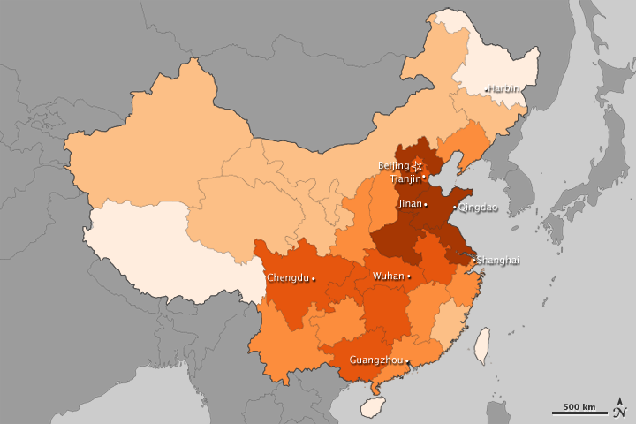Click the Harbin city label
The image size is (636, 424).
coord(504,89)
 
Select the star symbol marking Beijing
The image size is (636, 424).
coord(418,166)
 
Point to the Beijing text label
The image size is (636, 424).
coord(394,166)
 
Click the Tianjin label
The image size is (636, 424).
coord(405,178)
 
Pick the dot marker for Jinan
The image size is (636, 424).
coord(426,204)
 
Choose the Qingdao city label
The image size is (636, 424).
coord(478,208)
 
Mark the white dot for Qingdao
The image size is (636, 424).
coord(455,208)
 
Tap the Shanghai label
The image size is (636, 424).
coord(499,260)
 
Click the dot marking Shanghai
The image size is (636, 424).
coord(474,259)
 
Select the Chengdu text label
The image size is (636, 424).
coord(287,277)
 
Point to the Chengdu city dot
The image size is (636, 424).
coord(314,277)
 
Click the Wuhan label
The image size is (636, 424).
coord(388,276)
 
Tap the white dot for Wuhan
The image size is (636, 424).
coord(409,276)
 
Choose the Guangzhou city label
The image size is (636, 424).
coord(376,360)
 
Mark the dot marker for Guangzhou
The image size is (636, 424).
coord(407,360)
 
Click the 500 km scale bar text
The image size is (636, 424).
coord(579,406)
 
